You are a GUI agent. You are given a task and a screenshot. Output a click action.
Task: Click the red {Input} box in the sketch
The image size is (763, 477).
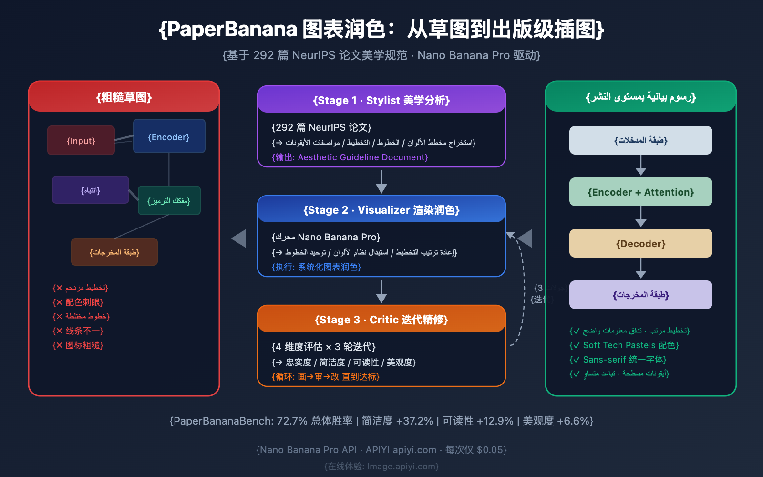coord(81,141)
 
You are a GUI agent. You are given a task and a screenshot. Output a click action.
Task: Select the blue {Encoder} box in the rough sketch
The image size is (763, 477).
coord(169,136)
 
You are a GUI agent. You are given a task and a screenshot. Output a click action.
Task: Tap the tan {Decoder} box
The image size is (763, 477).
coord(640,244)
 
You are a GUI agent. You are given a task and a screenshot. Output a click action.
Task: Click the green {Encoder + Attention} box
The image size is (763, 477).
coord(640,192)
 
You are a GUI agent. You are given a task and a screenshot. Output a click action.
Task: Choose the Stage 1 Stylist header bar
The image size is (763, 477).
coord(381,100)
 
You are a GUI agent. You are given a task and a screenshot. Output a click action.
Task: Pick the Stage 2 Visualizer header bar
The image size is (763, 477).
coord(381,210)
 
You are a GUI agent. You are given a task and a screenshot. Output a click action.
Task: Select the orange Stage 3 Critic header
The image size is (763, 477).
coord(381,320)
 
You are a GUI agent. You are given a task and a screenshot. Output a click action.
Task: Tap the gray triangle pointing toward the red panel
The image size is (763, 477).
coord(239,238)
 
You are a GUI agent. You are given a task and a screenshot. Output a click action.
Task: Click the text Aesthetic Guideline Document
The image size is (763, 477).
coord(362,157)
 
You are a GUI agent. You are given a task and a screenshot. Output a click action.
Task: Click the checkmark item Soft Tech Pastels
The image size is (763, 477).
coord(625,345)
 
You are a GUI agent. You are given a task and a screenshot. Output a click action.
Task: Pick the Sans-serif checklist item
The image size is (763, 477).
coord(619,360)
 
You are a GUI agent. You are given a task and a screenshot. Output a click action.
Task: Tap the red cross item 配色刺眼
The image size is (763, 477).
coord(79,302)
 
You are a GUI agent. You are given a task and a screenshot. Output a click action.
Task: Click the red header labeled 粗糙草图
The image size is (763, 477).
coord(124,97)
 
